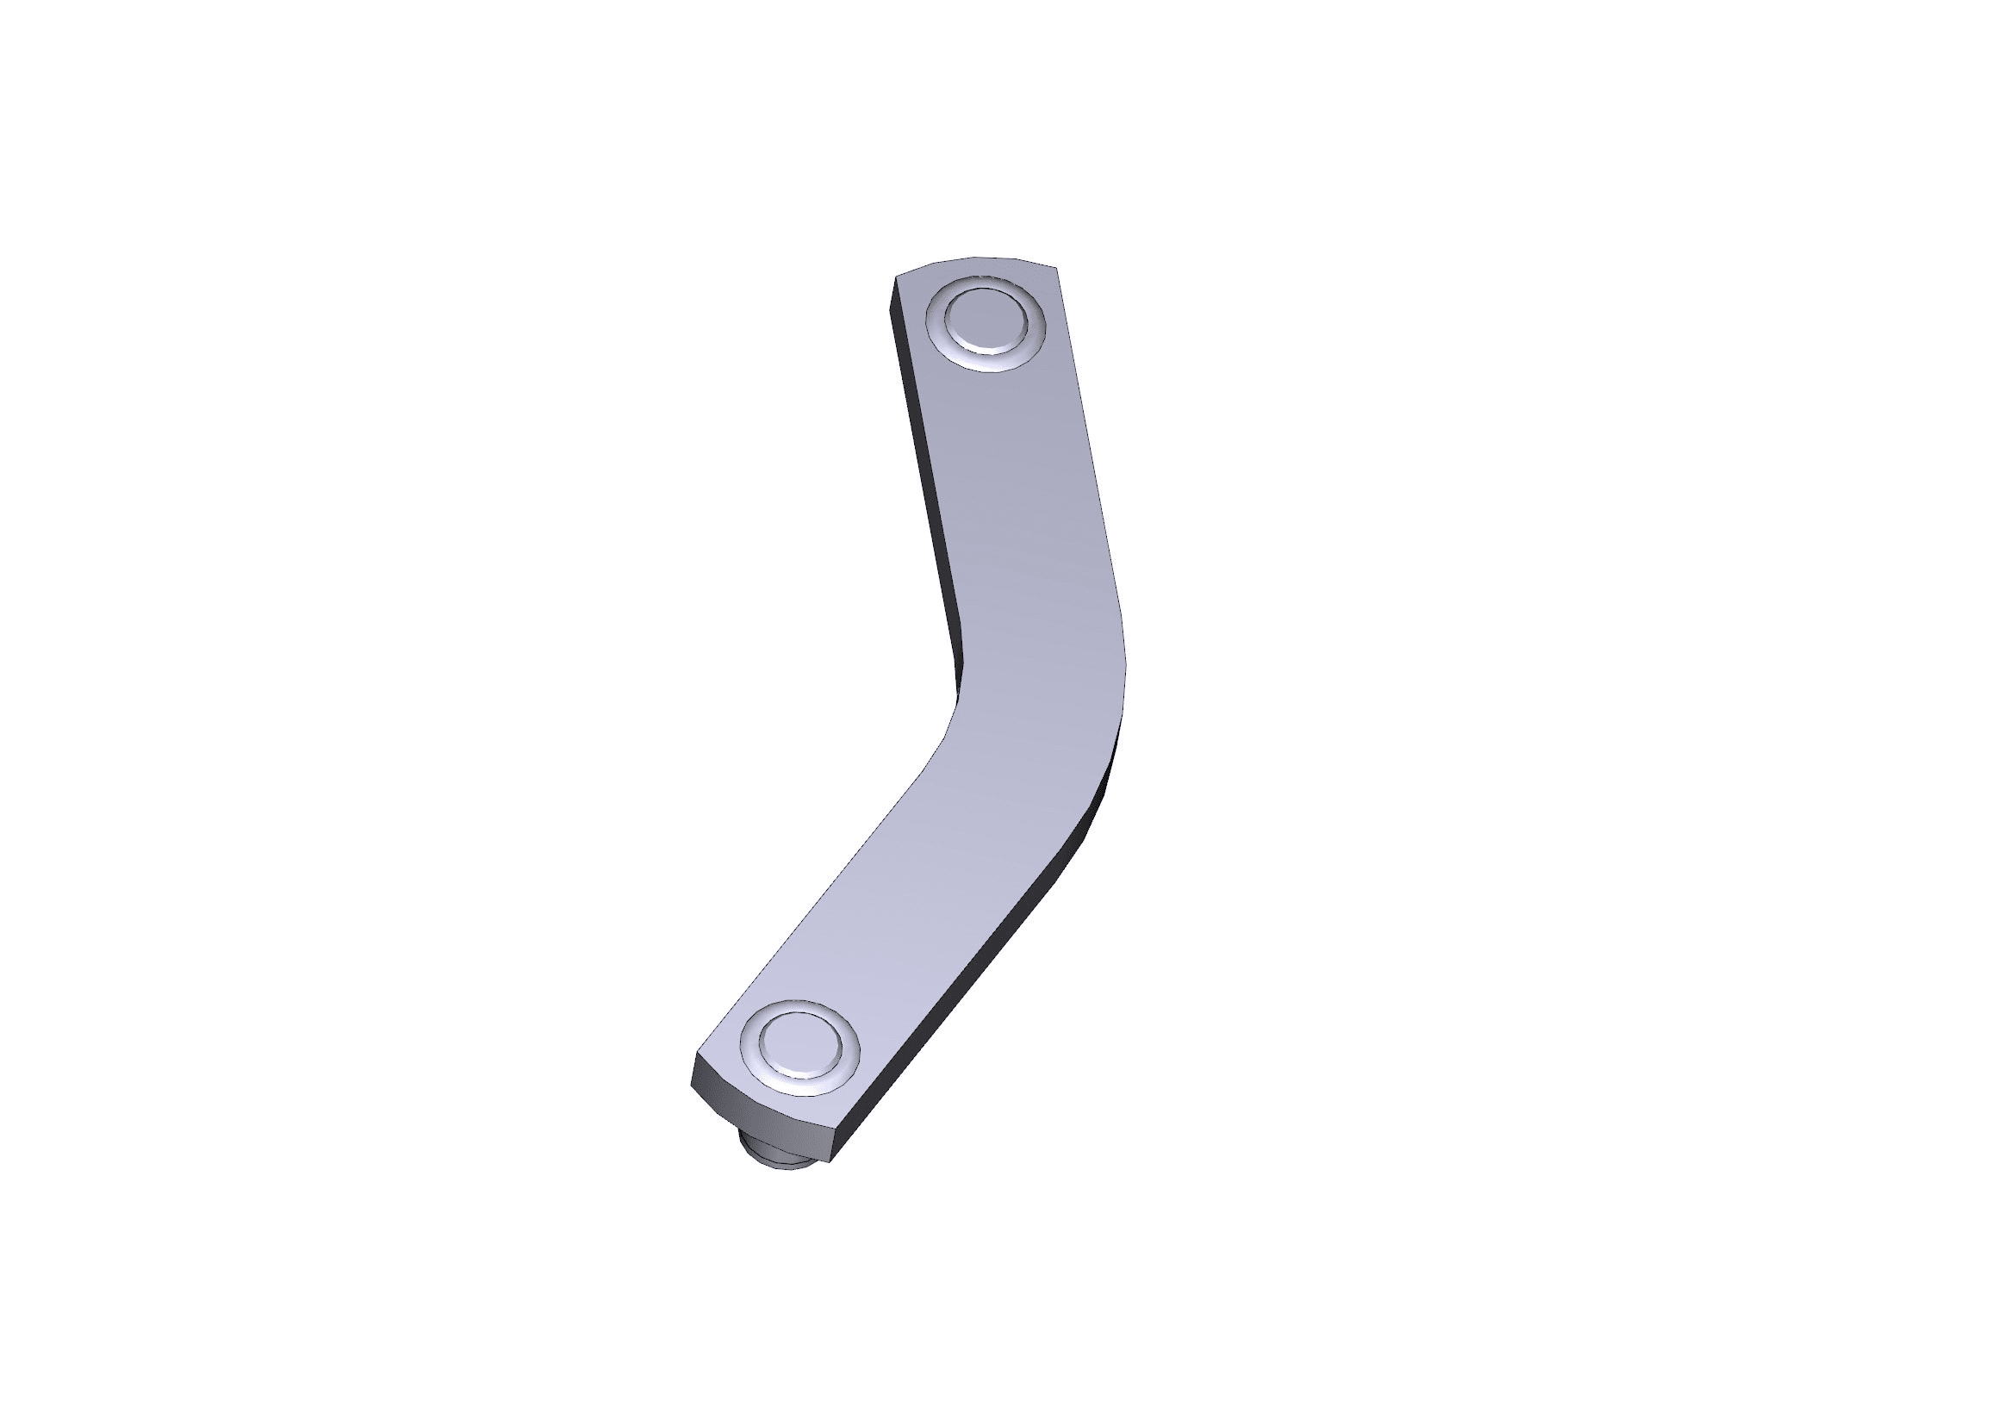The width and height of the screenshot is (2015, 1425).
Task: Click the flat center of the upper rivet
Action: coord(986,321)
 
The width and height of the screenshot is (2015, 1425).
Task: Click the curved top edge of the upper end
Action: coord(974,259)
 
